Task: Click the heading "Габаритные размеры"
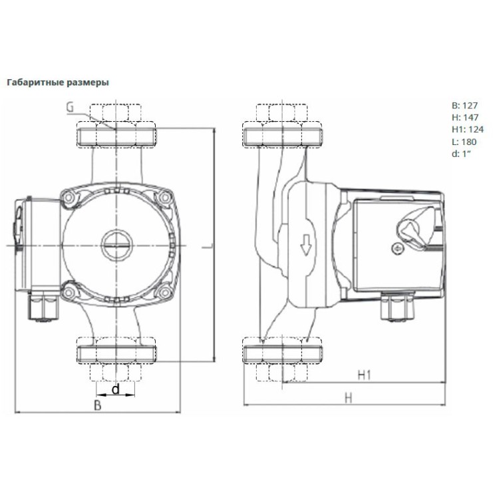(57, 83)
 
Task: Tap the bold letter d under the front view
(115, 390)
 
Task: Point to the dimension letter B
(97, 405)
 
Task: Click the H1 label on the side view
(363, 375)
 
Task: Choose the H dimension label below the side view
(348, 397)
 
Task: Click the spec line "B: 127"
(465, 104)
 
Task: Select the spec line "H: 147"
(465, 116)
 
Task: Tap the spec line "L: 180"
(464, 141)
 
